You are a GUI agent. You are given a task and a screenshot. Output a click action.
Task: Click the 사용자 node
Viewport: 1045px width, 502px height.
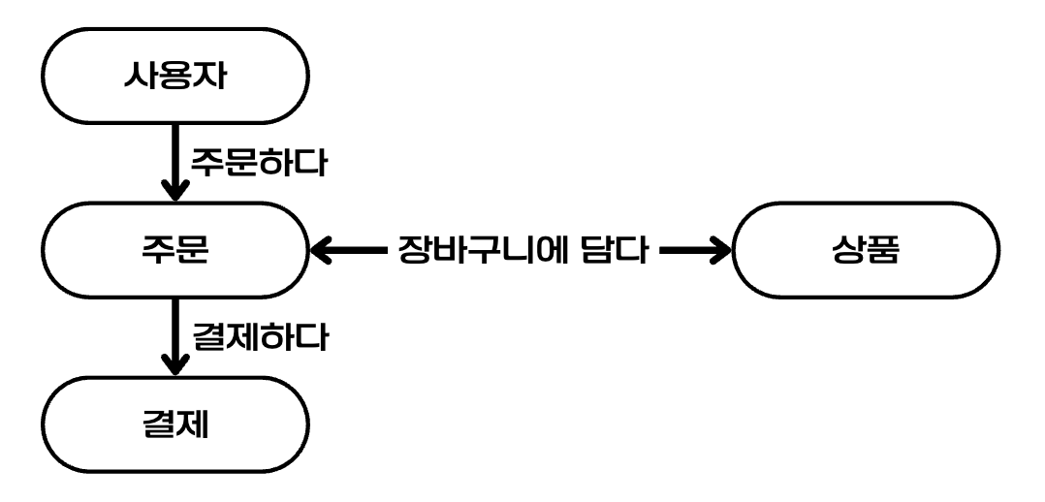(x=175, y=78)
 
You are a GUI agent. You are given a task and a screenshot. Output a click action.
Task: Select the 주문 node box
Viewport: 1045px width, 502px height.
(x=175, y=250)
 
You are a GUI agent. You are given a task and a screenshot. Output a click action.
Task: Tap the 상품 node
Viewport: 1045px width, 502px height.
(x=865, y=250)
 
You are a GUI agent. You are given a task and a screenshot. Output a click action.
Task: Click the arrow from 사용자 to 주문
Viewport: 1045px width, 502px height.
(x=175, y=160)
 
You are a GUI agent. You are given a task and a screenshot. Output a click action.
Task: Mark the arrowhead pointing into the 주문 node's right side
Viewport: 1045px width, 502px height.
(x=322, y=250)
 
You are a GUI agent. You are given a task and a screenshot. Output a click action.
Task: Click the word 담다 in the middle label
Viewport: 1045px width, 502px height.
(x=615, y=250)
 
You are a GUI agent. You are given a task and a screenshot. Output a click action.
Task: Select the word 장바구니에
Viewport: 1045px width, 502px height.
(x=487, y=250)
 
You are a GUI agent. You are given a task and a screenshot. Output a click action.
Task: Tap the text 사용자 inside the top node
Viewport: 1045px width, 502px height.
(x=175, y=78)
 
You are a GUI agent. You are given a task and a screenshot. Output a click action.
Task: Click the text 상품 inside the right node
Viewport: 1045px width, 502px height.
(x=865, y=250)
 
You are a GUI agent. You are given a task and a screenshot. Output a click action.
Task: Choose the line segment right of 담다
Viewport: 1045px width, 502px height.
(x=683, y=250)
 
